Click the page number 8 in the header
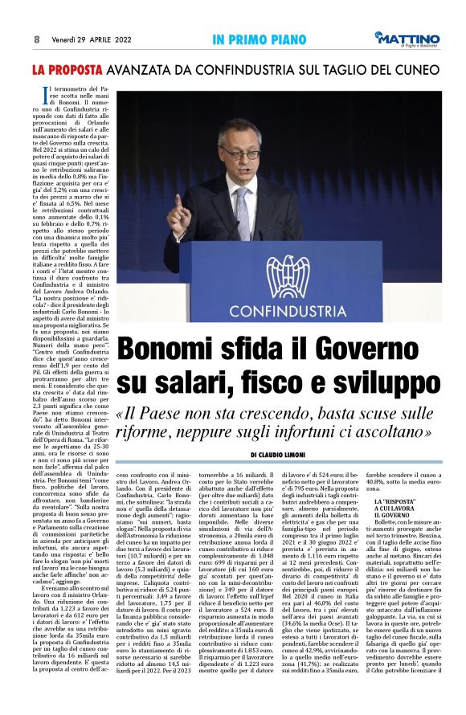tap(37, 39)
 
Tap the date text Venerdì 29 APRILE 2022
tap(89, 39)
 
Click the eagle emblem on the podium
tap(288, 276)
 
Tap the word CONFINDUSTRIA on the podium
tap(288, 309)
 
